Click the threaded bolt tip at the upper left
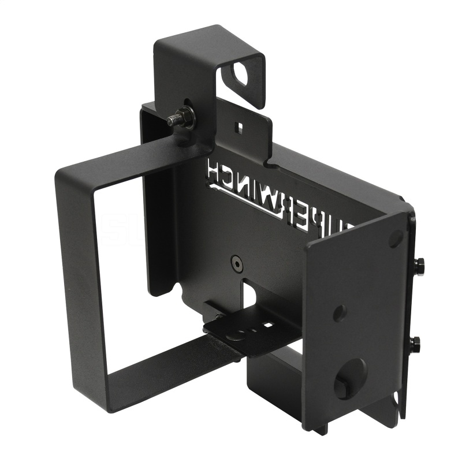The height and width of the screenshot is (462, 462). point(172,122)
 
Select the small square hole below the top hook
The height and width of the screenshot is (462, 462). point(237,125)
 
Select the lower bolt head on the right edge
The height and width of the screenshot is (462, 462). point(415,344)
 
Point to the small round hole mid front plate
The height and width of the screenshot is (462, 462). point(340,312)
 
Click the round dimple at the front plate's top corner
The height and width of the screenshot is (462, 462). point(396,237)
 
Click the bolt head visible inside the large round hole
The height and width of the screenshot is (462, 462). point(342,388)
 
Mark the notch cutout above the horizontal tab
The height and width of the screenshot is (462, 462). point(249,292)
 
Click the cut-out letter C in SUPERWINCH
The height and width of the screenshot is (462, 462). point(225,177)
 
